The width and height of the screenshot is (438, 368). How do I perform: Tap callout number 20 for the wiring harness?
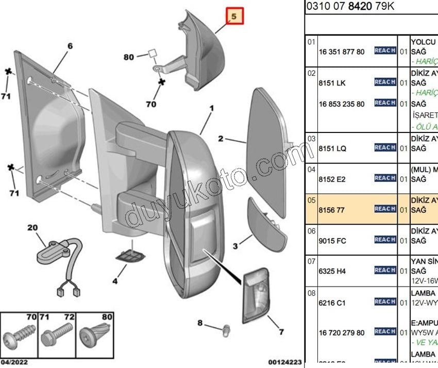(x=32, y=227)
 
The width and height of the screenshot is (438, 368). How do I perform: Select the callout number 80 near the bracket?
(x=128, y=57)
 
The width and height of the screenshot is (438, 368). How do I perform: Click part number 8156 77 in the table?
(x=332, y=210)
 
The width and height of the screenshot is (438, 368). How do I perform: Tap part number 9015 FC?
(x=332, y=241)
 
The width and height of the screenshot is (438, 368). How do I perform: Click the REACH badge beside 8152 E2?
(x=385, y=178)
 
